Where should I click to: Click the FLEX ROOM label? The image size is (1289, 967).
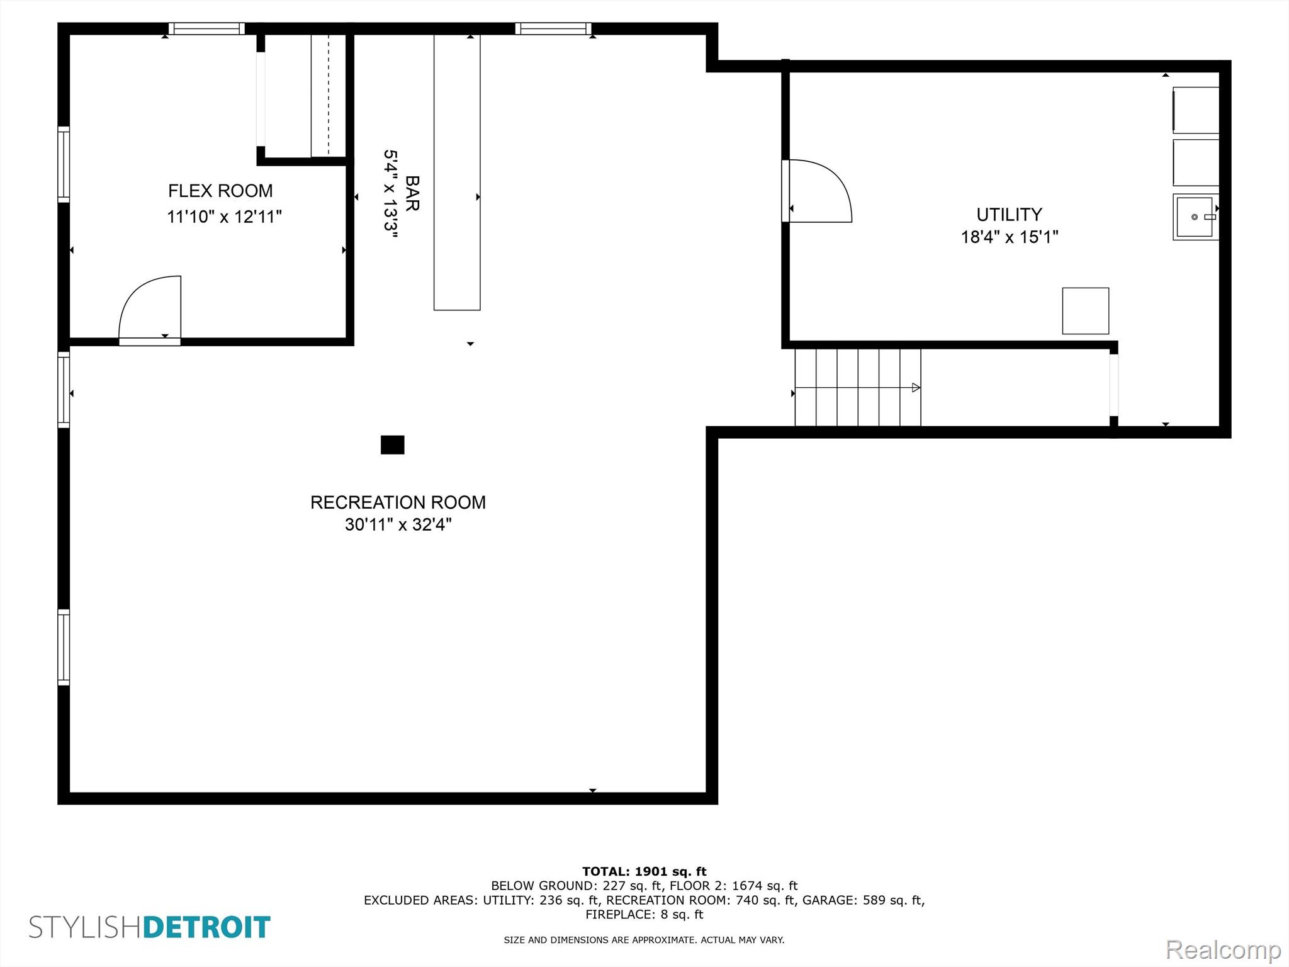click(220, 191)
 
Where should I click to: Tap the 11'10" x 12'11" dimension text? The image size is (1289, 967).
click(224, 217)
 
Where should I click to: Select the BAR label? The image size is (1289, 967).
click(412, 193)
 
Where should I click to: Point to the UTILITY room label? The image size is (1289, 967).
click(1009, 215)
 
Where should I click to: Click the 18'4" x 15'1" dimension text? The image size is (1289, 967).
click(1010, 237)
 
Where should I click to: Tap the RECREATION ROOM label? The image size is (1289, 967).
click(398, 502)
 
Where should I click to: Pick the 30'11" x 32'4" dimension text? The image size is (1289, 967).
click(398, 524)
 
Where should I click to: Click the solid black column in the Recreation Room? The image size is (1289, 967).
click(392, 444)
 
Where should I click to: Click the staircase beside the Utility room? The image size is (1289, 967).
click(857, 387)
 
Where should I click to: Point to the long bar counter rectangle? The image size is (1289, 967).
click(457, 172)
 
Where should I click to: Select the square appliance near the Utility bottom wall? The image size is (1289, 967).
click(1086, 311)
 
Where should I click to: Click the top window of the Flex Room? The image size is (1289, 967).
click(206, 28)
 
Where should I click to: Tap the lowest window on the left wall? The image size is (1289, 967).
click(64, 647)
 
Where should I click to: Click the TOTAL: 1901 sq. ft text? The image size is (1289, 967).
click(644, 871)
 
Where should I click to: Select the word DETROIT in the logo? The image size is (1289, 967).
click(207, 927)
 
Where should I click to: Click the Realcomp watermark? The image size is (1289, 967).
click(1224, 950)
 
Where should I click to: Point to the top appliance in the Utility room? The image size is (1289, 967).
click(1196, 110)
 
